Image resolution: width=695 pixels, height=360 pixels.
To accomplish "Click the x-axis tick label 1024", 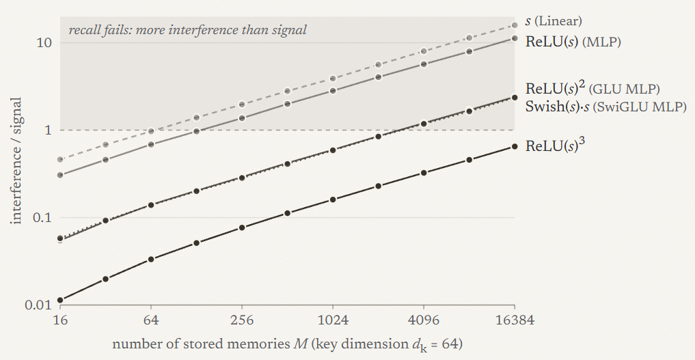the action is coord(333,320).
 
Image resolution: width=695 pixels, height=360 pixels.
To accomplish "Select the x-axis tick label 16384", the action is coord(515,320).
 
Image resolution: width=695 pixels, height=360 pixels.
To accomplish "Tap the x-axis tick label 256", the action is coord(242,320).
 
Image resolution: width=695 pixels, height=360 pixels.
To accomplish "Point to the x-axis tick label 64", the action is coord(151,320).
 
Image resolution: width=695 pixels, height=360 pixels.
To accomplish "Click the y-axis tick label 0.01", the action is coord(38,305).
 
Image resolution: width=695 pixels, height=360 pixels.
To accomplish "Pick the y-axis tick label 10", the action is coord(45,43).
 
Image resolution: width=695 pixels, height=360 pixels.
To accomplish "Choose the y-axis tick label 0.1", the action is coord(42,218).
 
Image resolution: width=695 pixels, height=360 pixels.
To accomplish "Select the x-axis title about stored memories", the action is coord(287,344).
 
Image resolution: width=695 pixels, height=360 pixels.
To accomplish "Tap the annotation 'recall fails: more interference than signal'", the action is coord(187,30).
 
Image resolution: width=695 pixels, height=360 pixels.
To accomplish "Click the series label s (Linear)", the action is coord(554,20).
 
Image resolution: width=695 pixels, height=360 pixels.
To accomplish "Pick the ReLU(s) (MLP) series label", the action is coord(573,42).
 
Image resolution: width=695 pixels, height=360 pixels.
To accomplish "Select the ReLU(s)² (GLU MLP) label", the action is coord(592,88).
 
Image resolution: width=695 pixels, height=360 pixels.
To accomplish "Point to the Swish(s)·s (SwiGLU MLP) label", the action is coord(606,107).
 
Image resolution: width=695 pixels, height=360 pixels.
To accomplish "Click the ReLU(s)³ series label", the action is coord(555,146).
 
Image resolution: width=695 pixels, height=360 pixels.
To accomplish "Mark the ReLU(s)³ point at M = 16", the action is coord(60,300).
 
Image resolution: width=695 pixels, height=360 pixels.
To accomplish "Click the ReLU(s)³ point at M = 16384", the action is coord(515,147).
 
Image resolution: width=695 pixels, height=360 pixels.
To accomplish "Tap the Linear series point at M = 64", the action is coord(151,132).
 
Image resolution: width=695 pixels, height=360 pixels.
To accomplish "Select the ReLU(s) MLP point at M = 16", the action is coord(60,175).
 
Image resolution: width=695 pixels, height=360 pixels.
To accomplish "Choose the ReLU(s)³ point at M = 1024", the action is coord(333,199).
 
